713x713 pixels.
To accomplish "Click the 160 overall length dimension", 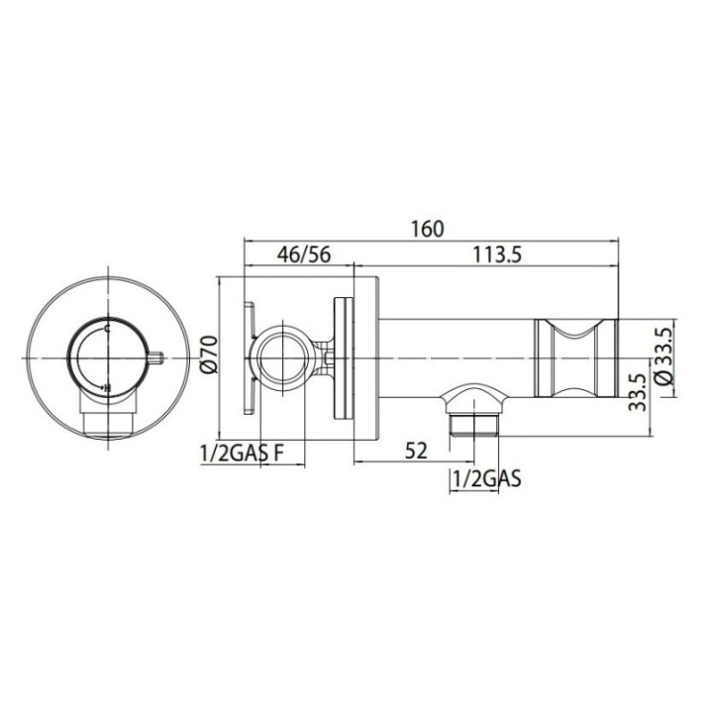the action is click(x=427, y=229).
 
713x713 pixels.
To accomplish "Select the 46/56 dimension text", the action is click(x=304, y=255).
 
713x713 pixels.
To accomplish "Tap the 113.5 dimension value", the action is click(x=497, y=255).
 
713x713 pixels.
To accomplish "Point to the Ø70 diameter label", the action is click(x=210, y=355).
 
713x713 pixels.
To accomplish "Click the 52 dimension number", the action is click(x=417, y=452).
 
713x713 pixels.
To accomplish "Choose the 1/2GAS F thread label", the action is click(x=242, y=453).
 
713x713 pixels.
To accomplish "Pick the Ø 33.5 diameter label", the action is click(x=664, y=356).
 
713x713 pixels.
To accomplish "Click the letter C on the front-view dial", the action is click(x=107, y=329).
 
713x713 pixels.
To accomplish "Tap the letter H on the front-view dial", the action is click(x=107, y=388).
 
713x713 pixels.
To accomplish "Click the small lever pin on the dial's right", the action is click(x=156, y=358).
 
